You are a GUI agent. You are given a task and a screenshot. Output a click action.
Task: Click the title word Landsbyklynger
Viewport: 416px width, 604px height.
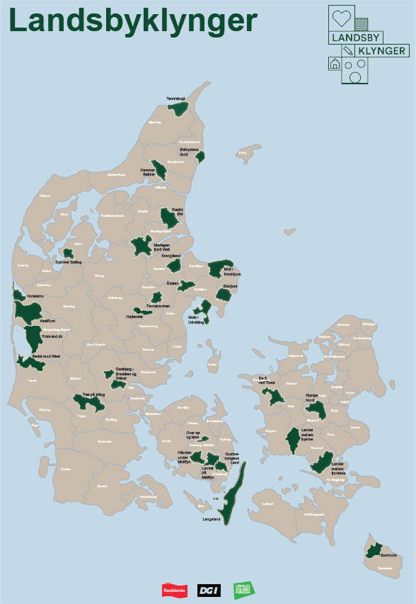133,22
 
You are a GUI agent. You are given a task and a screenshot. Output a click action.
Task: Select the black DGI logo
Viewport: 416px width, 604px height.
209,589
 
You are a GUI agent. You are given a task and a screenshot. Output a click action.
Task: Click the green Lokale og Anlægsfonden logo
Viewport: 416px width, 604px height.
244,589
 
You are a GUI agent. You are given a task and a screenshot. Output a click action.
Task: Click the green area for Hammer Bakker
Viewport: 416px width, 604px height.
161,170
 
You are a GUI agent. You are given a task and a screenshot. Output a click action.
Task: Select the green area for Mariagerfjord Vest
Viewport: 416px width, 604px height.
141,245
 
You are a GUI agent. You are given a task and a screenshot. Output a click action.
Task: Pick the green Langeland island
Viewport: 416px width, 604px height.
231,489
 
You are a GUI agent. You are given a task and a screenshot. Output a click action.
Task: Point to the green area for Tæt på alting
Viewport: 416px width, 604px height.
89,403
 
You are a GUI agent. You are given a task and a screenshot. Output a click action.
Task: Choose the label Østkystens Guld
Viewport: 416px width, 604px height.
187,152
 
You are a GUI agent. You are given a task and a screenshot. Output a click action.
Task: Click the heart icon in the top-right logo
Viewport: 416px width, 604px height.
342,19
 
